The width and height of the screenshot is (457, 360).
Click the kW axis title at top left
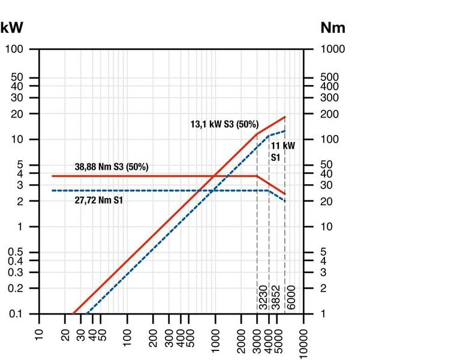coord(12,28)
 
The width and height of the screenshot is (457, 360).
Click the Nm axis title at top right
coord(333,28)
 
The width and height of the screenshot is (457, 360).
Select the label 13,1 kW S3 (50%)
coord(224,124)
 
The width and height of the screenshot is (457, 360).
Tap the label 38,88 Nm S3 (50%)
coord(112,166)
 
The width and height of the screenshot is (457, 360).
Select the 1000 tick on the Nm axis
coord(332,49)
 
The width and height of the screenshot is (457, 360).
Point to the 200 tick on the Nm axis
coord(329,114)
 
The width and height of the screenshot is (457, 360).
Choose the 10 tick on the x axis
coord(39,333)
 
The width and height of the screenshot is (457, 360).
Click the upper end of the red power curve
coord(285,117)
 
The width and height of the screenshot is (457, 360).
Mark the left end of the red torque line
coord(53,176)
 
